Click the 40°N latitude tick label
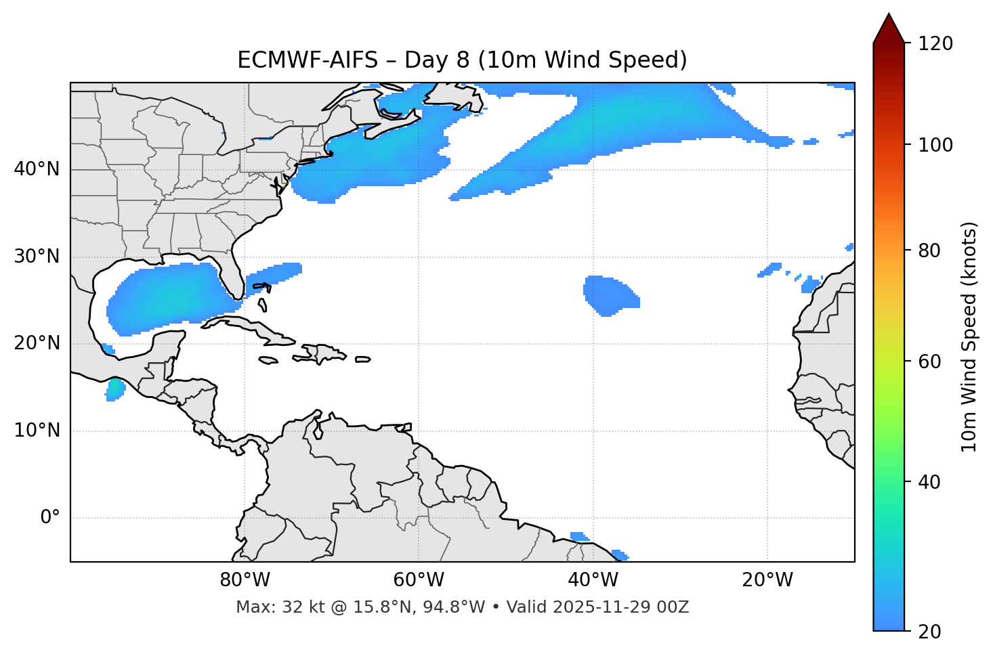37,169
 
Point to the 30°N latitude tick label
37,257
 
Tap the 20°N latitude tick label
37,343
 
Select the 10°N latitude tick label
37,431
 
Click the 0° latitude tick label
50,518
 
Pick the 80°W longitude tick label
245,580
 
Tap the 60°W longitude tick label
419,580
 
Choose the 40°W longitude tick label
593,580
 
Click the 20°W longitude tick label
767,580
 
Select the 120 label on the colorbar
935,44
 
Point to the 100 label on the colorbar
935,145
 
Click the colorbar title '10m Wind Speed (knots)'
969,336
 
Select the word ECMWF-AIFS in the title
308,60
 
